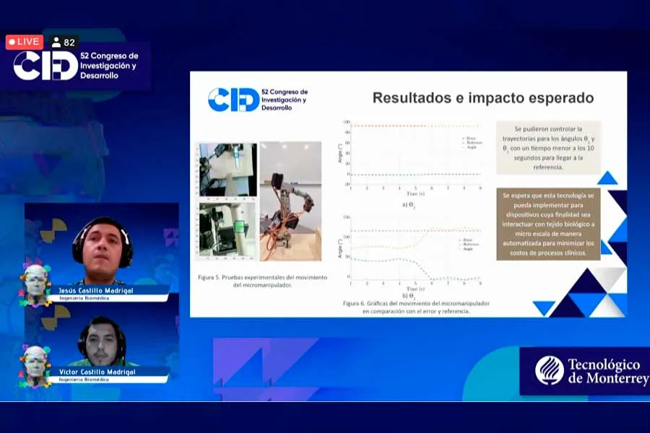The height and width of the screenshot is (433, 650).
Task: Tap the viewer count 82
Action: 64,43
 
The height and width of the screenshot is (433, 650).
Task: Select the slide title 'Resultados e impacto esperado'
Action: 482,98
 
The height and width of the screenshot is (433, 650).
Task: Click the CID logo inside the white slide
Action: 233,100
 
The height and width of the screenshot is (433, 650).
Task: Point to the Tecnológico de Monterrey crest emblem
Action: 549,370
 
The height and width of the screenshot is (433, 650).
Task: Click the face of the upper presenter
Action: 102,247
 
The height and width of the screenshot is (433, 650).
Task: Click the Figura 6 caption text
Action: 416,307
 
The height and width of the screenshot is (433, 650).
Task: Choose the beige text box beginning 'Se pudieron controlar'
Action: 547,147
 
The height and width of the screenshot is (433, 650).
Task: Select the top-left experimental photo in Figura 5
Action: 227,169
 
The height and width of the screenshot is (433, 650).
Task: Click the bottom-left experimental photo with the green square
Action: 227,229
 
